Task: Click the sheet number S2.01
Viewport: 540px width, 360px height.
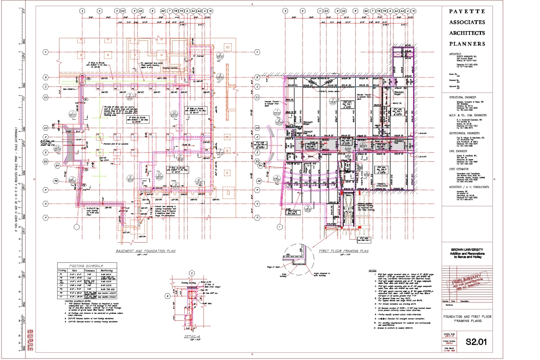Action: coord(476,342)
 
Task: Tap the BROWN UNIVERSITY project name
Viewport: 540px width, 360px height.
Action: coord(467,249)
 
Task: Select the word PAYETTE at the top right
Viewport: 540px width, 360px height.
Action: coord(467,12)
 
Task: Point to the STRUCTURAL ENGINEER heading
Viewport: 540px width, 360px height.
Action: coord(462,97)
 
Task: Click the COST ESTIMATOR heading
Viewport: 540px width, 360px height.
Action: coord(459,169)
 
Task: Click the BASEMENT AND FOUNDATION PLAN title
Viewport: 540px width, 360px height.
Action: coord(145,251)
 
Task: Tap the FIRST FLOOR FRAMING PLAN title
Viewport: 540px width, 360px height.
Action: coord(343,251)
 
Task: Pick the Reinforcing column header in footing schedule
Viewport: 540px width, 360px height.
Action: coord(107,270)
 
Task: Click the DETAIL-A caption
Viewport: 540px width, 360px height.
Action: coord(192,337)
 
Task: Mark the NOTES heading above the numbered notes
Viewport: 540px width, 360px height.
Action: coord(372,271)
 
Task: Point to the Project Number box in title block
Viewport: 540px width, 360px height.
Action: coord(449,342)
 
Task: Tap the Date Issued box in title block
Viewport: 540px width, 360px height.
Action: coord(449,349)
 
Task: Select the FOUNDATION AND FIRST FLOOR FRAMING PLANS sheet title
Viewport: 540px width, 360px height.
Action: coord(467,319)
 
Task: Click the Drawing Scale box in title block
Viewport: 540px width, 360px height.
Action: coord(449,335)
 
